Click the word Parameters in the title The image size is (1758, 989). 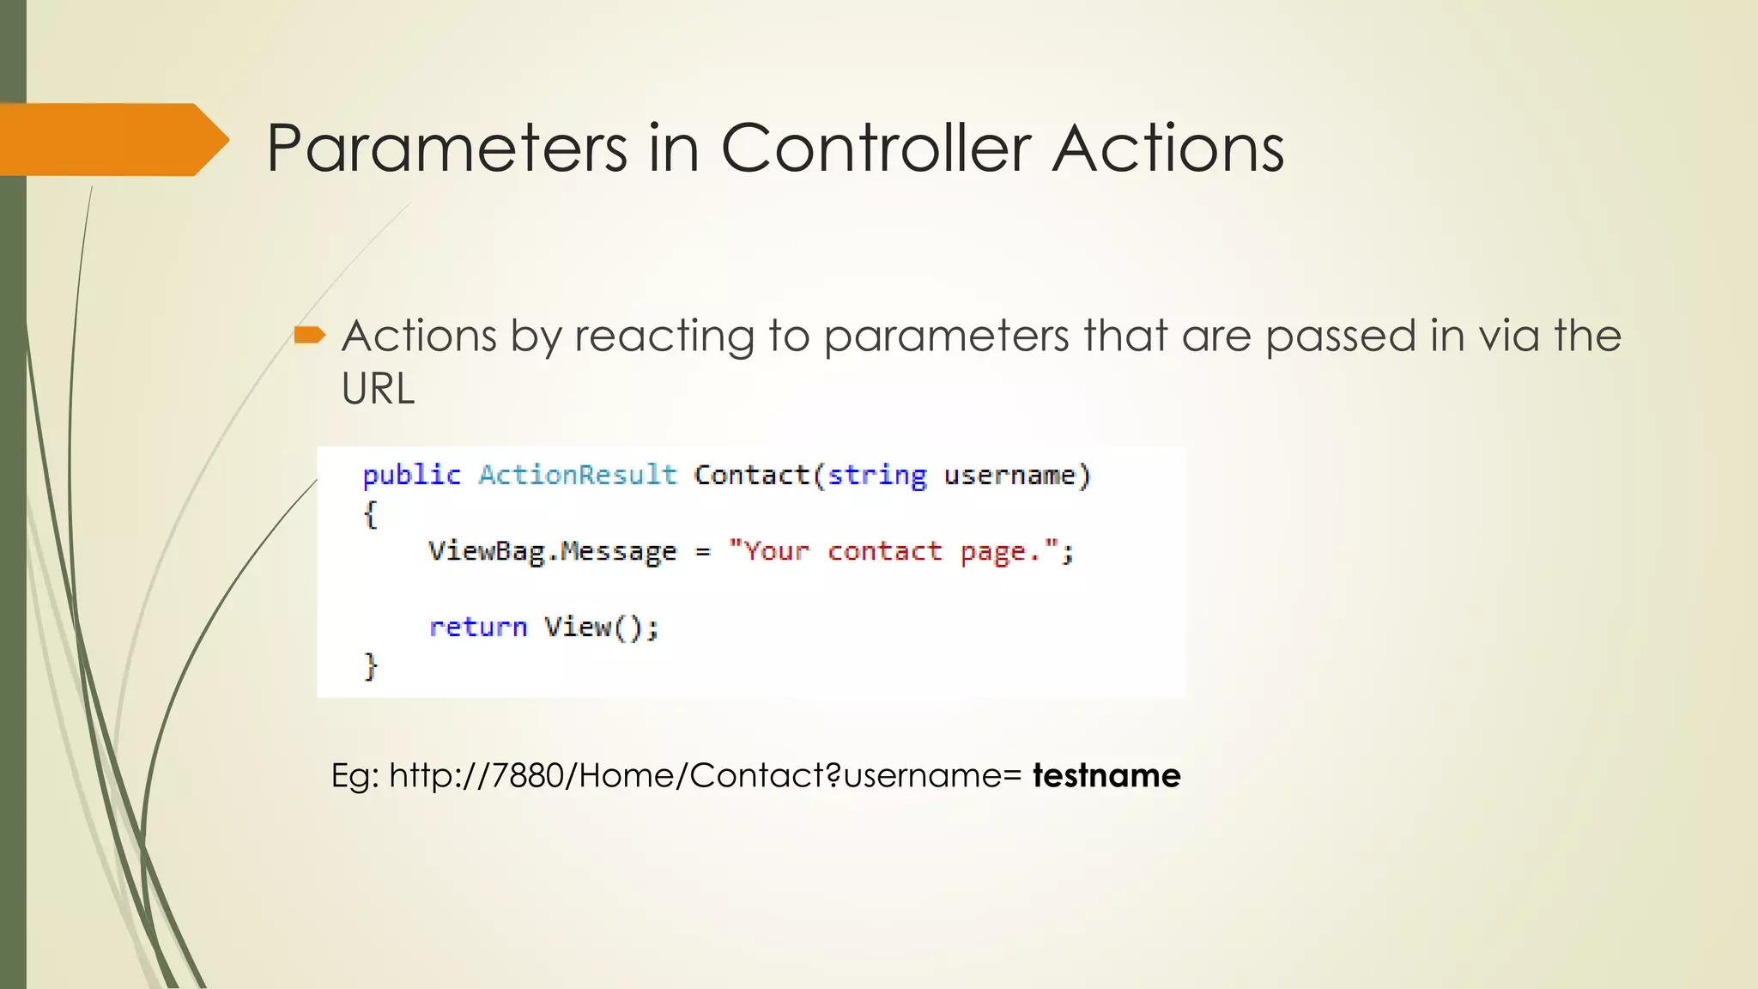click(447, 149)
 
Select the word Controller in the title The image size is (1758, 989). click(876, 149)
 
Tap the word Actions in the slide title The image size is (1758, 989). click(1168, 149)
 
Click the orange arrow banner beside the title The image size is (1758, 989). click(112, 140)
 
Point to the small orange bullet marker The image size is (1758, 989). click(309, 335)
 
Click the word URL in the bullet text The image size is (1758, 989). click(378, 389)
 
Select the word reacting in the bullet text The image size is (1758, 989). click(664, 336)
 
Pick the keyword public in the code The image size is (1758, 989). click(411, 475)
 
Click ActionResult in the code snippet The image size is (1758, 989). click(578, 475)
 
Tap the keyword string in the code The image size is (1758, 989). click(876, 476)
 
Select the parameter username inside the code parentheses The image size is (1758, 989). click(1009, 475)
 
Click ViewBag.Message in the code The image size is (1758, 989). click(552, 551)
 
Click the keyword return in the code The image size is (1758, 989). click(477, 627)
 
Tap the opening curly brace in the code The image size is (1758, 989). click(370, 515)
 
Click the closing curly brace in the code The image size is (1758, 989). click(370, 665)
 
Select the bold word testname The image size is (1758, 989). click(1106, 775)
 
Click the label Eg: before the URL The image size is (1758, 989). click(355, 775)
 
